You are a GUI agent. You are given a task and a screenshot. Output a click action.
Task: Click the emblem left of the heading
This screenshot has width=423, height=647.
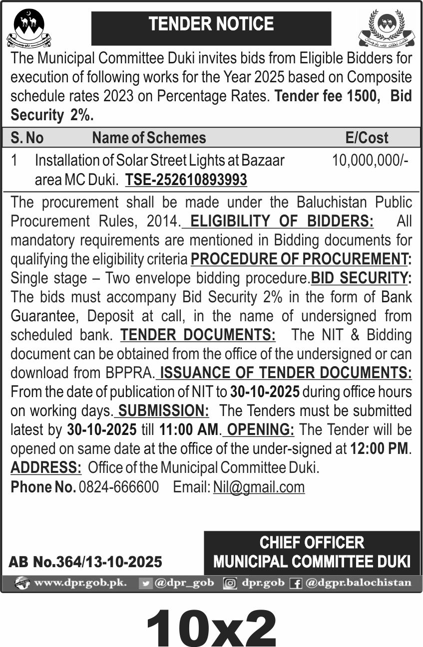pyautogui.click(x=28, y=28)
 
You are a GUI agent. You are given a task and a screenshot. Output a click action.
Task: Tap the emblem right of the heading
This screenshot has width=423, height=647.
pyautogui.click(x=387, y=28)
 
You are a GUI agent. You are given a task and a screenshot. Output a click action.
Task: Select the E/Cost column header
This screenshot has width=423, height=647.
pyautogui.click(x=367, y=138)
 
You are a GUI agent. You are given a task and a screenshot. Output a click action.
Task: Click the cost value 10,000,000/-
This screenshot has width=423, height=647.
pyautogui.click(x=370, y=160)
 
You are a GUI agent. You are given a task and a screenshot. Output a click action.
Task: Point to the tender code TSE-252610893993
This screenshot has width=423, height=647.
pyautogui.click(x=186, y=179)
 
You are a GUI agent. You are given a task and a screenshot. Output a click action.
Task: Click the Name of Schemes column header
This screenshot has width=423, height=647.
pyautogui.click(x=149, y=138)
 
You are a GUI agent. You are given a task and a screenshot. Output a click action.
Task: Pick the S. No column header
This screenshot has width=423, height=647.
pyautogui.click(x=27, y=138)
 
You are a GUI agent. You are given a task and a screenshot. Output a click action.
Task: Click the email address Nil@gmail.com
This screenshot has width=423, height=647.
pyautogui.click(x=259, y=487)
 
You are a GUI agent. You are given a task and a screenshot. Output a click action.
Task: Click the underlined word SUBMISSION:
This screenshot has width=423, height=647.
pyautogui.click(x=163, y=411)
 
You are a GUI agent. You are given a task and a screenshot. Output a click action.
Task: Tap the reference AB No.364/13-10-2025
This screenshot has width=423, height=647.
pyautogui.click(x=85, y=562)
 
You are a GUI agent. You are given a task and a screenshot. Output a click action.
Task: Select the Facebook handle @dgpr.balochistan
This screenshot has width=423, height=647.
pyautogui.click(x=358, y=583)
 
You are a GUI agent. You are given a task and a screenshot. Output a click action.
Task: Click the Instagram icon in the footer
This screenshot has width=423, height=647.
pyautogui.click(x=230, y=583)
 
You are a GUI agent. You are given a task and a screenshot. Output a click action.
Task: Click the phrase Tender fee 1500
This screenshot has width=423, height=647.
pyautogui.click(x=325, y=96)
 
